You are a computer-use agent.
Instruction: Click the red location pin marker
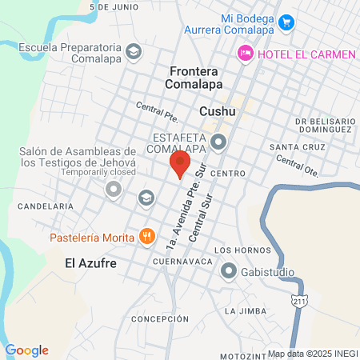click(180, 164)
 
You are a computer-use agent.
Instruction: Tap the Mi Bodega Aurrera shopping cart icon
click(286, 22)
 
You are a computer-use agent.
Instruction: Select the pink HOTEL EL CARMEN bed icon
click(245, 53)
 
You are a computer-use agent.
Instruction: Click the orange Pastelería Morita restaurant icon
click(146, 236)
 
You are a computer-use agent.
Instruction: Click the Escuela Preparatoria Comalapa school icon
click(134, 52)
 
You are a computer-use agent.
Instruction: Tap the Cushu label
click(217, 112)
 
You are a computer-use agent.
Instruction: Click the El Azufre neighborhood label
click(86, 261)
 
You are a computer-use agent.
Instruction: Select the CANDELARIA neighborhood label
click(46, 206)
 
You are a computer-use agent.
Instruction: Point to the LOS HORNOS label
click(238, 250)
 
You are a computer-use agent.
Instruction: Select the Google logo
click(26, 350)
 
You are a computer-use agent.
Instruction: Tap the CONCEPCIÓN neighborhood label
click(159, 318)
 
